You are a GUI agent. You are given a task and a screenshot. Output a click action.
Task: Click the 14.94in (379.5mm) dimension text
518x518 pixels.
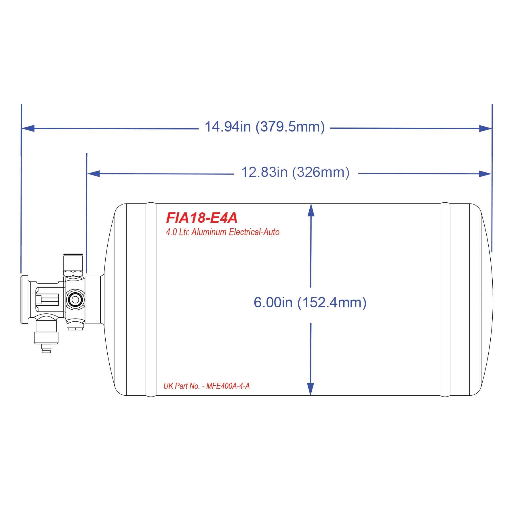[x=265, y=127]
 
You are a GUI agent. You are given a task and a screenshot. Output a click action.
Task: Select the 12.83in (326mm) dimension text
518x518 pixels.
[x=295, y=172]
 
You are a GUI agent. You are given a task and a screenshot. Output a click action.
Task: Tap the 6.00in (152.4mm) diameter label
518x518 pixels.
[x=310, y=302]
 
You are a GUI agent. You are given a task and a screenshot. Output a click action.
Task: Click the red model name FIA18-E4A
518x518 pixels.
[x=202, y=218]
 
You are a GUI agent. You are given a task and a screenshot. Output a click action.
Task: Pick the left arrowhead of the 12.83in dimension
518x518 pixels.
[x=93, y=174]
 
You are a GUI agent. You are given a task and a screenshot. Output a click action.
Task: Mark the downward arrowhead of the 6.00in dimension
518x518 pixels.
[x=311, y=389]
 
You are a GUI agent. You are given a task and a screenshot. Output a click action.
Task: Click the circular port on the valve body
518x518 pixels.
[x=75, y=300]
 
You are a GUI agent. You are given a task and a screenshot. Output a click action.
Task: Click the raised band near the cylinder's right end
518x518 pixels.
[x=445, y=299]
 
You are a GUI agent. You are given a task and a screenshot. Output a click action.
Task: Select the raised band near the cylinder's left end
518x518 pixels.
[x=151, y=299]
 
